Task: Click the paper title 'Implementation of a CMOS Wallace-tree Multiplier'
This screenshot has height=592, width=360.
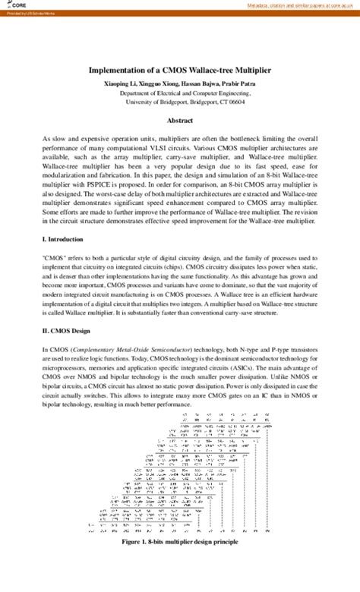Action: click(x=180, y=68)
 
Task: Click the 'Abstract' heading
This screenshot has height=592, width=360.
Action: click(x=179, y=121)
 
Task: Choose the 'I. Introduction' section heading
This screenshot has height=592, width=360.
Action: click(x=65, y=239)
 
